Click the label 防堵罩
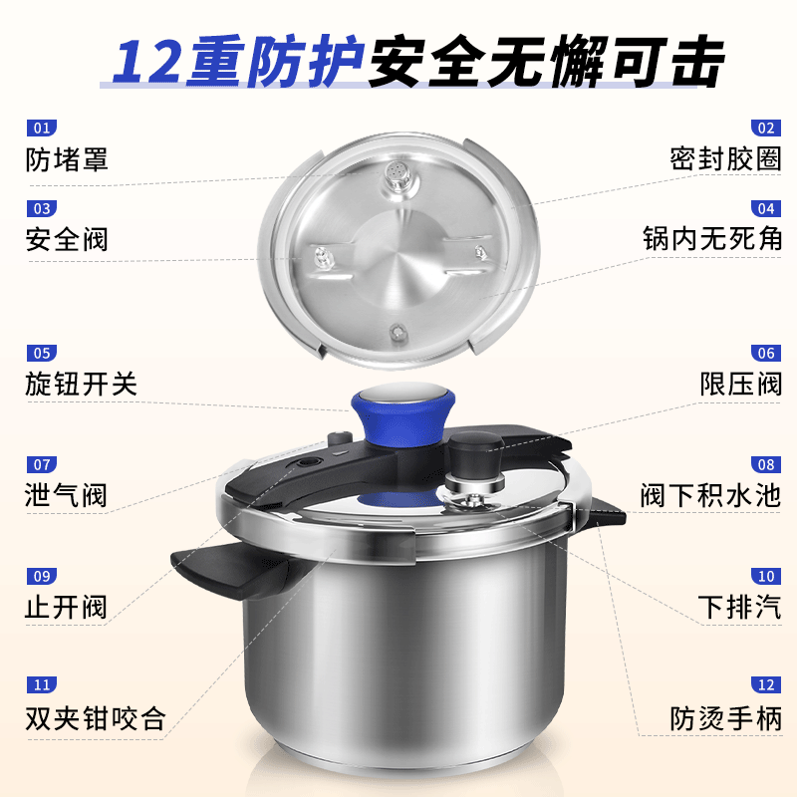click(x=67, y=159)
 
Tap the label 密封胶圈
click(x=725, y=159)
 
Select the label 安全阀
click(x=67, y=240)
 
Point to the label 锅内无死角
click(x=711, y=240)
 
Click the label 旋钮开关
click(x=81, y=385)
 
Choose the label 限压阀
click(x=740, y=385)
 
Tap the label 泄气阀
click(x=67, y=495)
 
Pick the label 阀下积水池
click(x=711, y=495)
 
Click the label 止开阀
click(x=67, y=607)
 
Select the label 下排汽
click(x=740, y=607)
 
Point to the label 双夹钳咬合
click(x=95, y=718)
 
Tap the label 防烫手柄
click(x=725, y=718)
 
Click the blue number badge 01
click(x=42, y=129)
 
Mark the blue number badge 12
click(x=765, y=685)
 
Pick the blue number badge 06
click(x=765, y=353)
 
